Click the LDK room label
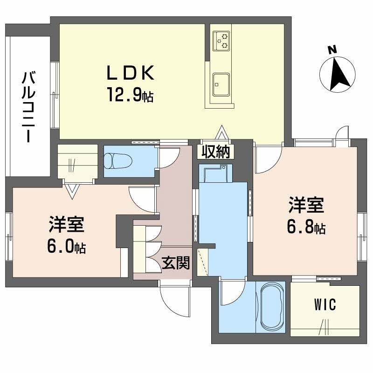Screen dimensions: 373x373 click(x=130, y=73)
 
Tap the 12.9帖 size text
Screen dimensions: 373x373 click(x=130, y=97)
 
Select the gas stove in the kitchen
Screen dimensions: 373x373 click(x=221, y=40)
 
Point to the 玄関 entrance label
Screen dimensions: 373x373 click(x=176, y=264)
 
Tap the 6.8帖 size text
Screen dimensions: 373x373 click(x=306, y=228)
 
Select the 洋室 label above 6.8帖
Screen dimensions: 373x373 click(x=306, y=205)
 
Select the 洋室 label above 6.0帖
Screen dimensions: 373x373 click(x=66, y=224)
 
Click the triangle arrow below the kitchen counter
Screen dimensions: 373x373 click(x=222, y=133)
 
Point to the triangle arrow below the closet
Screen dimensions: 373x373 click(x=72, y=190)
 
